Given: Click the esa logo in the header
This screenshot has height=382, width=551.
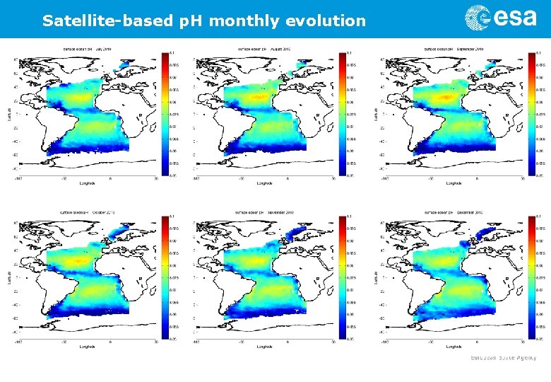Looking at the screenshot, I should [x=500, y=18].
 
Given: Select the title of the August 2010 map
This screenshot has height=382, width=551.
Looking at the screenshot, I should [x=264, y=49].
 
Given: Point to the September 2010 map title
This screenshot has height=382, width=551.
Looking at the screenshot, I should [x=452, y=49].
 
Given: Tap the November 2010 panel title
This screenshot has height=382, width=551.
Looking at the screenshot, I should [x=264, y=212].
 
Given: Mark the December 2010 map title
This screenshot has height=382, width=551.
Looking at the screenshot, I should [x=452, y=212].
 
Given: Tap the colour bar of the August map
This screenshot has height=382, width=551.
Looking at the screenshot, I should [x=343, y=113].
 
